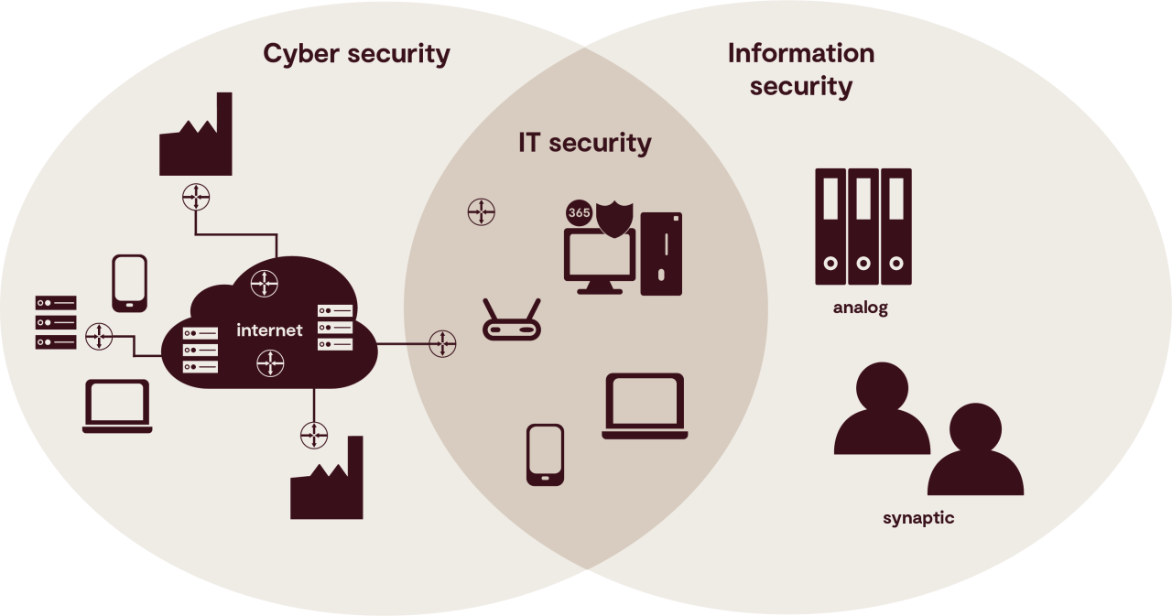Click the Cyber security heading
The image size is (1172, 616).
coord(356,53)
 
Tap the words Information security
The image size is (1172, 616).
coord(800,70)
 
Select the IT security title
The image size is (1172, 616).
coord(584,143)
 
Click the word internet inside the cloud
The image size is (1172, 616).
coord(269,330)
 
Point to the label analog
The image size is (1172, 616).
coord(860,308)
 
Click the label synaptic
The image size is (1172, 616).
coord(917,518)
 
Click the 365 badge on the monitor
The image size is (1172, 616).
coord(579,212)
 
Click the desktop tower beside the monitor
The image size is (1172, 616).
coord(661,254)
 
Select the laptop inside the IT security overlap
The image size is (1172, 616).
coord(645,406)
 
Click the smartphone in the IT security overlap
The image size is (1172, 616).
coord(545,454)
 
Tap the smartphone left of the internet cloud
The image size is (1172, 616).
coord(129,283)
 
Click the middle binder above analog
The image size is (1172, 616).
coord(863,226)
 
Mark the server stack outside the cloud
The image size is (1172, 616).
coord(56,322)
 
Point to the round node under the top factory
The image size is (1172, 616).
coord(197,196)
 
